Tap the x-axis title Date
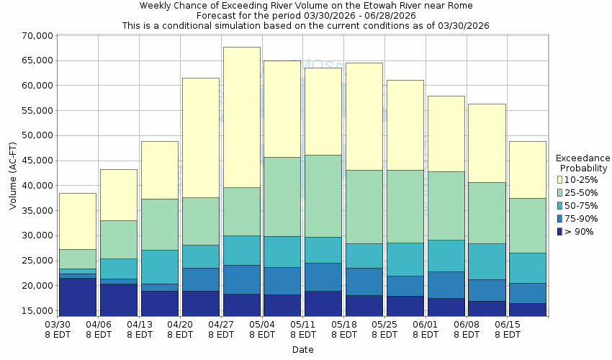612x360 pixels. pyautogui.click(x=302, y=349)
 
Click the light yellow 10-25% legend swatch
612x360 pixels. pyautogui.click(x=559, y=179)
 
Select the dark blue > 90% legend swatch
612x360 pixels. pyautogui.click(x=559, y=231)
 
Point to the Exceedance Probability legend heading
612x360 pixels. pyautogui.click(x=582, y=163)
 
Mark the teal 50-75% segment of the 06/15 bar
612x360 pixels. pyautogui.click(x=528, y=268)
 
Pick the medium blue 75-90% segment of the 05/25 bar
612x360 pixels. pyautogui.click(x=405, y=286)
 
